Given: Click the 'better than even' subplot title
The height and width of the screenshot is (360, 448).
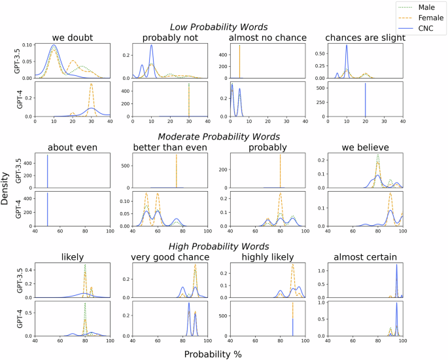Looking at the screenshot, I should point(169,147).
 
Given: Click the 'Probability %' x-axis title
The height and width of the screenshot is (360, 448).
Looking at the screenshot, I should point(222,353).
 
